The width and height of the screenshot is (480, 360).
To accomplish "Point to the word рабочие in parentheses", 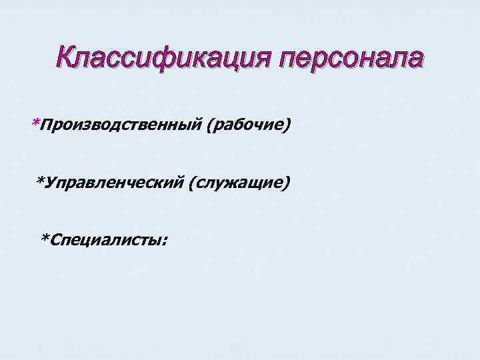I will [249, 124].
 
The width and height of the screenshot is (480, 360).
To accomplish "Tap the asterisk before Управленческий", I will [40, 180].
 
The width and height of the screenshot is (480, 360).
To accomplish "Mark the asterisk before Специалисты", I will [45, 237].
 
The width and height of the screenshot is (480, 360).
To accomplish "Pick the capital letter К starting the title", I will [67, 59].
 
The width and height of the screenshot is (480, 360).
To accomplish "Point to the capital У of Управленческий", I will [50, 181].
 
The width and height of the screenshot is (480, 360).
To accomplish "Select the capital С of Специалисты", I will [55, 239].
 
